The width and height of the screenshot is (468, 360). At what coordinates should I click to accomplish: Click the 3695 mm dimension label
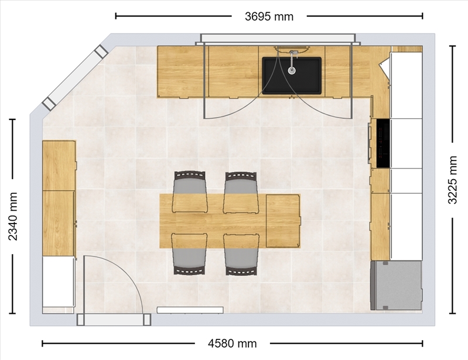tap(269, 16)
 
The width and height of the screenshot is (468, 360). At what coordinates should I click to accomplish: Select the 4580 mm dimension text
tap(232, 344)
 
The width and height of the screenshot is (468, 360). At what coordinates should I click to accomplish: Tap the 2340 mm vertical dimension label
tap(13, 217)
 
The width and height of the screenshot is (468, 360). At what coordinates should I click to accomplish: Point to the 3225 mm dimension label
tap(453, 180)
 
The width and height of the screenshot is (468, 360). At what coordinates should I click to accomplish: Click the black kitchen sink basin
tap(292, 76)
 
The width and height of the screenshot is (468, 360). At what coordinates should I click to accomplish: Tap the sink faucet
tap(292, 62)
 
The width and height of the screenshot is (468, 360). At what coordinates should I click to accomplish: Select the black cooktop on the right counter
tap(383, 143)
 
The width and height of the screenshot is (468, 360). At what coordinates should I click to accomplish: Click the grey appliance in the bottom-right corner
tap(397, 286)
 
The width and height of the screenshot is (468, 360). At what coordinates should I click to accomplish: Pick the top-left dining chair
tap(190, 192)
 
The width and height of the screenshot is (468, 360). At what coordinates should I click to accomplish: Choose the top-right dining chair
tap(241, 193)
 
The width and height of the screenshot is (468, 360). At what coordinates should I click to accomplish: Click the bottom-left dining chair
tap(189, 254)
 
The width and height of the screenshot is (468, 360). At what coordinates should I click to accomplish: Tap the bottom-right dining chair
tap(241, 255)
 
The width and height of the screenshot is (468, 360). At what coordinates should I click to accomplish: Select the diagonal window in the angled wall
tap(75, 78)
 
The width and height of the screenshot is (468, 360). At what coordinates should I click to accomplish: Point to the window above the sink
tap(278, 39)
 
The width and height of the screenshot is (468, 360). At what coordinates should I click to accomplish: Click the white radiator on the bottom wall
tap(190, 310)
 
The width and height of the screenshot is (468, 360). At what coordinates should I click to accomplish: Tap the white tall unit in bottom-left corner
tap(58, 282)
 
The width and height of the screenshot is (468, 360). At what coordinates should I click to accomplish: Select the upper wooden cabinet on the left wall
tap(59, 166)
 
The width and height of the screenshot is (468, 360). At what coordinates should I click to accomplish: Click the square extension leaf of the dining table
tap(283, 221)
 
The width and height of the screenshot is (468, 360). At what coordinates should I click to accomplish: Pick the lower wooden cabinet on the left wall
tap(59, 224)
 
